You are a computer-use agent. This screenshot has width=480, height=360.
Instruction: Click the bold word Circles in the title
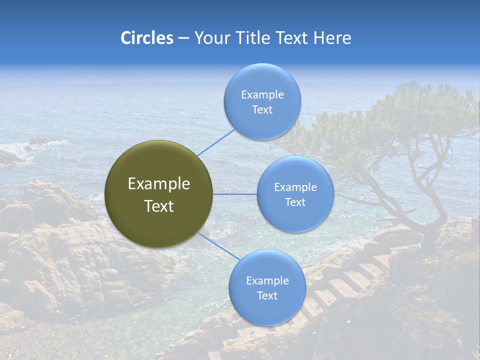point(146,38)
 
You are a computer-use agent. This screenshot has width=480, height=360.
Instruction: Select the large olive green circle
point(158,194)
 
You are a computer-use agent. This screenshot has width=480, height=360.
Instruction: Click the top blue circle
point(262,101)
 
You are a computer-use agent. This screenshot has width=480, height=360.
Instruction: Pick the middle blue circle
point(295,194)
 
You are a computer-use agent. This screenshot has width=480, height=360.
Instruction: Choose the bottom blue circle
point(267,287)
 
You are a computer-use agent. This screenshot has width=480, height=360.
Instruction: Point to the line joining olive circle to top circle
point(216,141)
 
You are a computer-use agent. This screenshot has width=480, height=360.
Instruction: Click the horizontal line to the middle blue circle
point(234,194)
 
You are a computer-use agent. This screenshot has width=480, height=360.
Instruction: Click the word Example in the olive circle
point(159,184)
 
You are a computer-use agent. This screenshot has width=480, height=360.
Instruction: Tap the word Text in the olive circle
point(159,206)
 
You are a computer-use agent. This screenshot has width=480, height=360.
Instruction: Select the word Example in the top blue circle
point(262,95)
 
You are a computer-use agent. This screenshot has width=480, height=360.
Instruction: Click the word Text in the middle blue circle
point(295,202)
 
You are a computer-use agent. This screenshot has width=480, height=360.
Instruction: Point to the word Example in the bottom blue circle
point(267,281)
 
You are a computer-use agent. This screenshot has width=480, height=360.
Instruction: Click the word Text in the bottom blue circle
point(267,296)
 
